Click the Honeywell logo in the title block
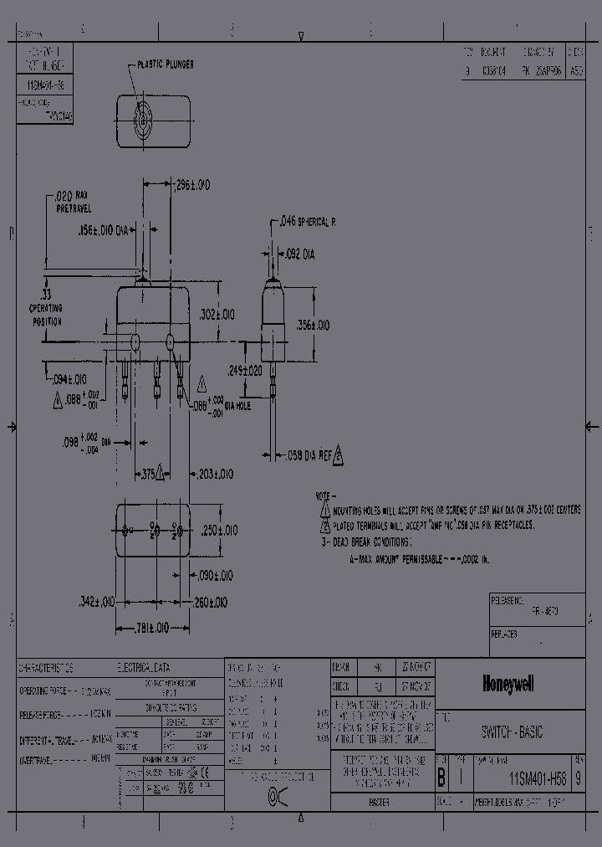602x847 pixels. pyautogui.click(x=508, y=685)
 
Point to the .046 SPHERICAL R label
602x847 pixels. pyautogui.click(x=306, y=223)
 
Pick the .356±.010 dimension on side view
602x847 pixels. pyautogui.click(x=313, y=325)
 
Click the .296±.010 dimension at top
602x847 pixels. pyautogui.click(x=192, y=184)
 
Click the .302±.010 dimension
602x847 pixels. pyautogui.click(x=217, y=314)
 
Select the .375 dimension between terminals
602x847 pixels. pyautogui.click(x=149, y=474)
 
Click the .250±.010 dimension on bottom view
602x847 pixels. pyautogui.click(x=220, y=531)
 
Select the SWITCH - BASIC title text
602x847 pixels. pyautogui.click(x=512, y=732)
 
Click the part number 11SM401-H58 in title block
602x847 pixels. pyautogui.click(x=537, y=778)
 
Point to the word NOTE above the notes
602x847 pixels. pyautogui.click(x=324, y=495)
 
